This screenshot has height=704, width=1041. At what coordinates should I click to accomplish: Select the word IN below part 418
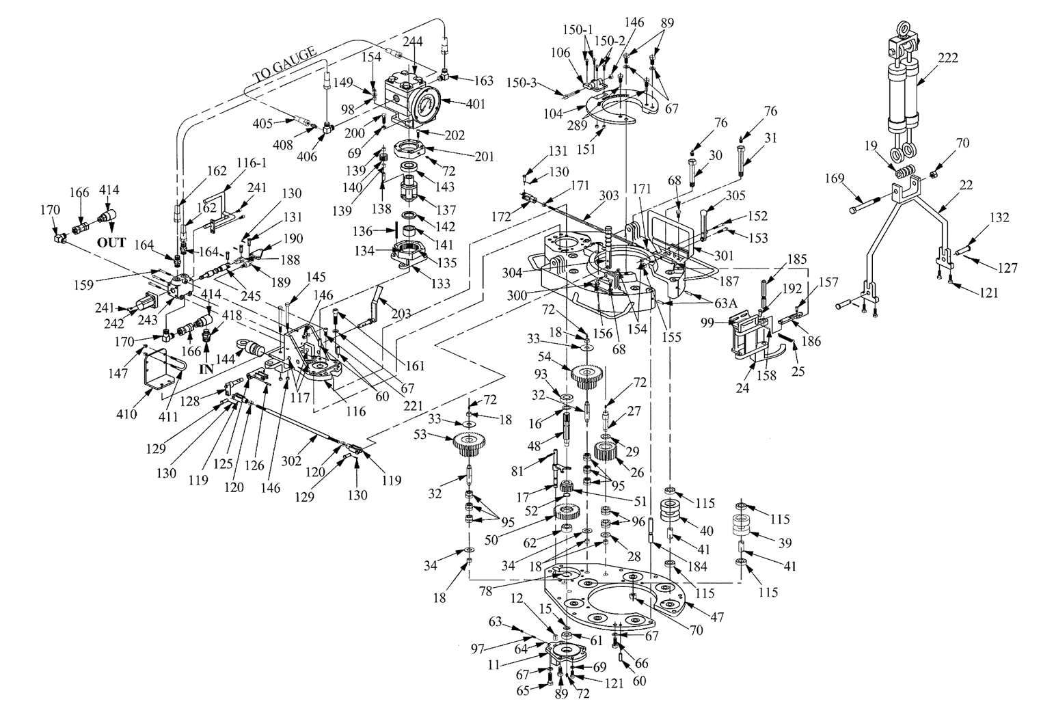206,368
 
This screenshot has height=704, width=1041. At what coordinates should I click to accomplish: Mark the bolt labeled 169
867,204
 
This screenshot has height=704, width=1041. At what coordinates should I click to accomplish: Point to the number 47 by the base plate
716,616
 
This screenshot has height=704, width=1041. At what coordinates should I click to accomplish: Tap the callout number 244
413,42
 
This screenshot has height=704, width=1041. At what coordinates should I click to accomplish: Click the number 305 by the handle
735,195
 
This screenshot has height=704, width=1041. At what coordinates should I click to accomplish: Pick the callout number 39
785,542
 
